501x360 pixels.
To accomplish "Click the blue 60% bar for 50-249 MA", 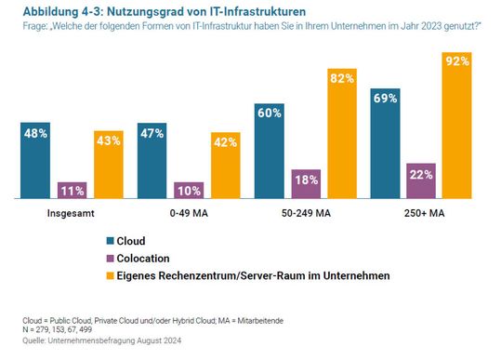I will tap(270, 149).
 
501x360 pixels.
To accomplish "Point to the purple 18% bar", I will tap(306, 184).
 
